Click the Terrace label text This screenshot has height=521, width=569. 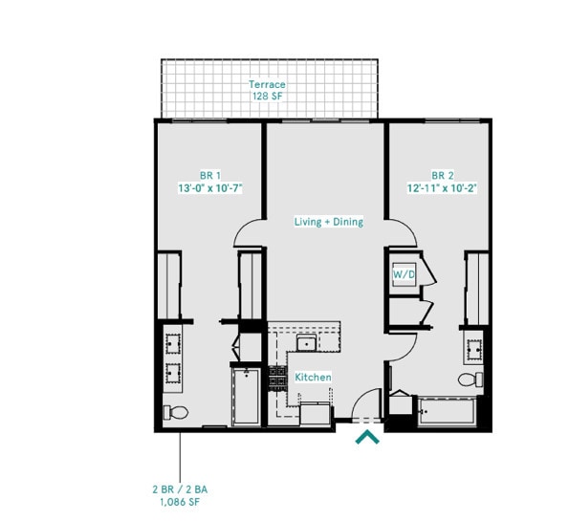tap(267, 84)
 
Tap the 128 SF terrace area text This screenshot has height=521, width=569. tap(267, 97)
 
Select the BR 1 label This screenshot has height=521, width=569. tap(209, 175)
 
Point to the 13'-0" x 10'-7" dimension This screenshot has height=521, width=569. tap(209, 188)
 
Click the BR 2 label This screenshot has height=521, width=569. tap(441, 175)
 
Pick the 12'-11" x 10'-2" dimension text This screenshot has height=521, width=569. tap(441, 188)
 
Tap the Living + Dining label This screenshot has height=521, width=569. tap(328, 222)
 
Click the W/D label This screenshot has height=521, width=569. tap(403, 274)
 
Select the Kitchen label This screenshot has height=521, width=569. tap(313, 378)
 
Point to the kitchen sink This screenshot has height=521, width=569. tap(307, 344)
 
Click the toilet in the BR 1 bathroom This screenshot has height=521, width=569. tap(175, 413)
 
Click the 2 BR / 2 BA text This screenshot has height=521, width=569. tap(179, 489)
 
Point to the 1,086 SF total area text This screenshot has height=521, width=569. tap(179, 502)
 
